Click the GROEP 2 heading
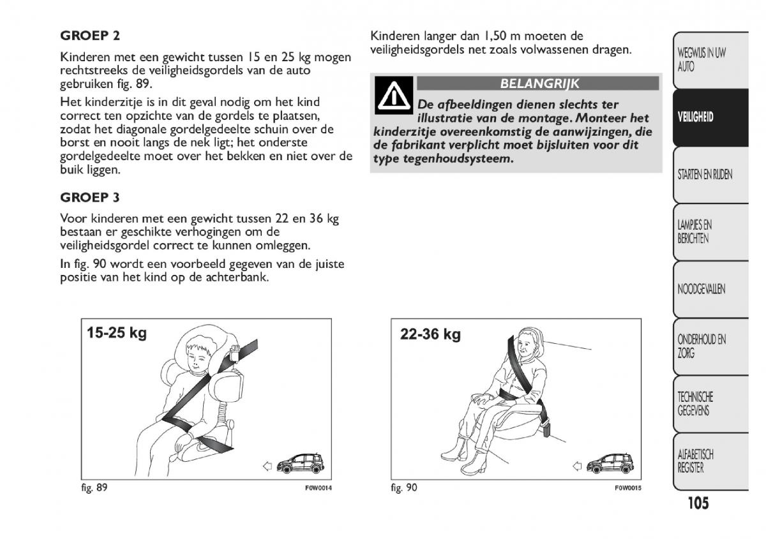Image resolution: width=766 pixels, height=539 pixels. (x=90, y=36)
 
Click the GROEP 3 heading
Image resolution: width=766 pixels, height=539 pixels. (x=90, y=197)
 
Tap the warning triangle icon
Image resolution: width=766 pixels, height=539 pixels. (x=393, y=95)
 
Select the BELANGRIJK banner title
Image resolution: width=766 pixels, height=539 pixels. (x=539, y=84)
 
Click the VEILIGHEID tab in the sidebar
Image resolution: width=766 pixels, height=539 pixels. (x=695, y=117)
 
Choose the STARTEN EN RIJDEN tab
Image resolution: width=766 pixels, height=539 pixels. (x=705, y=174)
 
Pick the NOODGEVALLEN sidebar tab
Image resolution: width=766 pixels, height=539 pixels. (x=702, y=289)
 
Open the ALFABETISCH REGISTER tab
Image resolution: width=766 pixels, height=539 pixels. (x=695, y=461)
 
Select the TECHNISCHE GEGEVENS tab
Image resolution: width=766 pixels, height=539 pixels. (x=695, y=403)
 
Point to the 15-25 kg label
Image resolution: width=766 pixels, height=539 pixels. (x=117, y=333)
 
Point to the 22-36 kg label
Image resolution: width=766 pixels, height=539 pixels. (x=430, y=334)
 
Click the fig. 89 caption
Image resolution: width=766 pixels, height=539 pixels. (x=94, y=488)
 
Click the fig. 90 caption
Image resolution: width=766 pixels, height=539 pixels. (x=403, y=488)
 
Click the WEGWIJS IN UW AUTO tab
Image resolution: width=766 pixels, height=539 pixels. (x=702, y=59)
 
